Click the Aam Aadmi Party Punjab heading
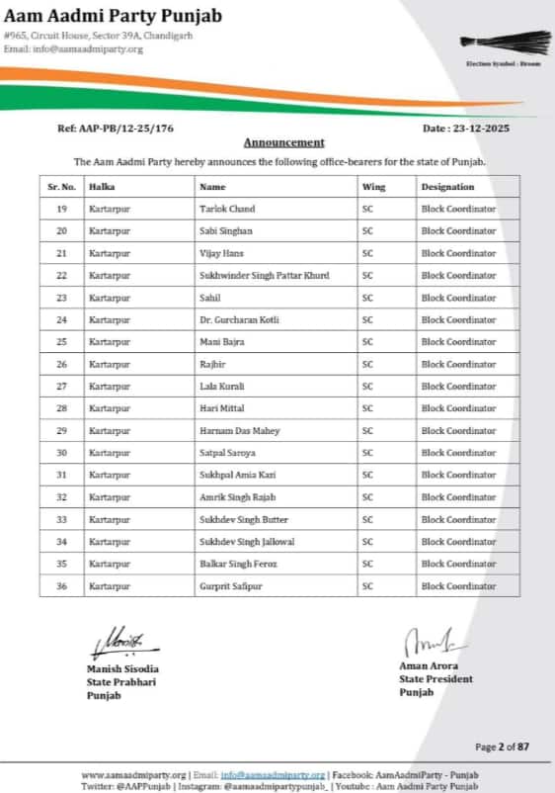[113, 16]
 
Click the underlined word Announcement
[283, 142]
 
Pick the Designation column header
[447, 186]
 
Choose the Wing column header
[373, 186]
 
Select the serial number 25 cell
[61, 342]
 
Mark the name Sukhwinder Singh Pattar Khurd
[264, 275]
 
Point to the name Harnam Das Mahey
[239, 431]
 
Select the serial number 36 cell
[61, 586]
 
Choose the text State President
[436, 679]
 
